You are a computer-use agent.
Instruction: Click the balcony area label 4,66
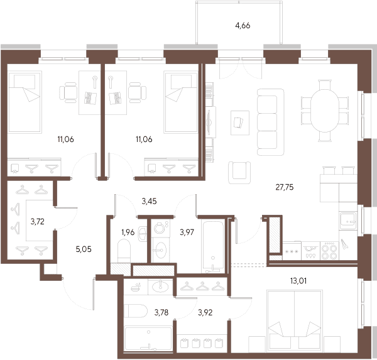coord(243,26)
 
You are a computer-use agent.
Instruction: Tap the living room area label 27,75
coord(285,187)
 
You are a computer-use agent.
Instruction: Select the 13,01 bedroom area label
coord(298,281)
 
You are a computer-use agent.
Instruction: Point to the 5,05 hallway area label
coord(84,249)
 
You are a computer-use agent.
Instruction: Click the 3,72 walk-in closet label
coord(38,222)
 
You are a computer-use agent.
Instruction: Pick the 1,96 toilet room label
coord(128,232)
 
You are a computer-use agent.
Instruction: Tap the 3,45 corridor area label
coord(149,201)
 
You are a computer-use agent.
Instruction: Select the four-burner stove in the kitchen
coord(329,251)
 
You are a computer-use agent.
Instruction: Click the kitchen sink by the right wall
coord(348,221)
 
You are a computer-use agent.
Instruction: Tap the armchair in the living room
coord(239,172)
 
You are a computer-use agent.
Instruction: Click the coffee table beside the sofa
coord(240,123)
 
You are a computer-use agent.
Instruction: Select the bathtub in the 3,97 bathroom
coord(213,247)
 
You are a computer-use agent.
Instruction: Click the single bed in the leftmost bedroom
coord(25,102)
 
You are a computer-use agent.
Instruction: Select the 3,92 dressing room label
coord(205,312)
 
